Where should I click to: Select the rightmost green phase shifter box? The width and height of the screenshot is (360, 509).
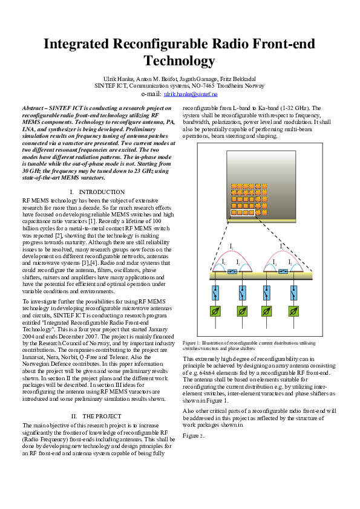(293, 311)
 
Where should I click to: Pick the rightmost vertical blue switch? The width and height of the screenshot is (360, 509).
(293, 293)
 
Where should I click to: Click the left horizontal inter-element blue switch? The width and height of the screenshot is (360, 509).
(232, 272)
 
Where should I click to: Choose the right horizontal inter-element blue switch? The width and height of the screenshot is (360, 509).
(283, 272)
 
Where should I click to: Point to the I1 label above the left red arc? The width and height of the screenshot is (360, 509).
(231, 246)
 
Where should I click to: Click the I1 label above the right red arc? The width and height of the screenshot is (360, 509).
(282, 246)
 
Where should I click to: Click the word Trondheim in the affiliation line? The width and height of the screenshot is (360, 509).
(237, 86)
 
